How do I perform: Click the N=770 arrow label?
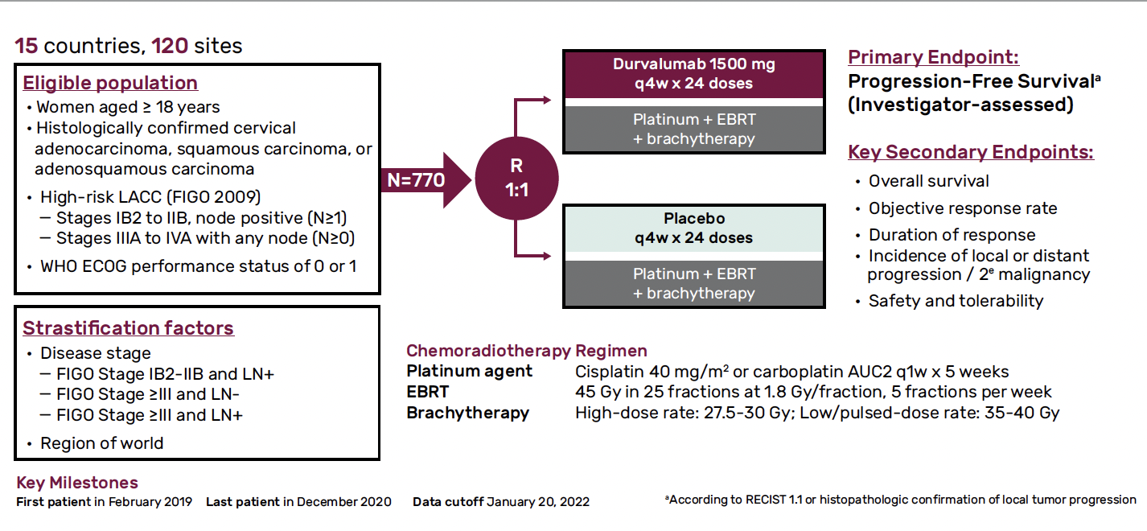[416, 180]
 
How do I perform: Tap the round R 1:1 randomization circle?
[516, 178]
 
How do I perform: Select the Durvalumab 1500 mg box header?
[694, 74]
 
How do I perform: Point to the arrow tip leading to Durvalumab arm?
[550, 100]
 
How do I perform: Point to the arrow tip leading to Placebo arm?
[550, 256]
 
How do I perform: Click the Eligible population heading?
[110, 83]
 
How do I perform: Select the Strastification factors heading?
[128, 328]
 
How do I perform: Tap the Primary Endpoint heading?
[934, 57]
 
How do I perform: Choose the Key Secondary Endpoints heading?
[971, 152]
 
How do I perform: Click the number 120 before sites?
[170, 46]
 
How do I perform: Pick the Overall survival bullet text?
[928, 181]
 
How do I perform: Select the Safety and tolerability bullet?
[956, 301]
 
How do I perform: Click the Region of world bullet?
[101, 443]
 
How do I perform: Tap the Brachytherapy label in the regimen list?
[467, 414]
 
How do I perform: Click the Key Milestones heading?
[76, 483]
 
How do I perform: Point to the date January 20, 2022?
[538, 502]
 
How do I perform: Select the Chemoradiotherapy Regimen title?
[526, 351]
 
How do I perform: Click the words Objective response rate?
[963, 208]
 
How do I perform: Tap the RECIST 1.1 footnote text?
[900, 500]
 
